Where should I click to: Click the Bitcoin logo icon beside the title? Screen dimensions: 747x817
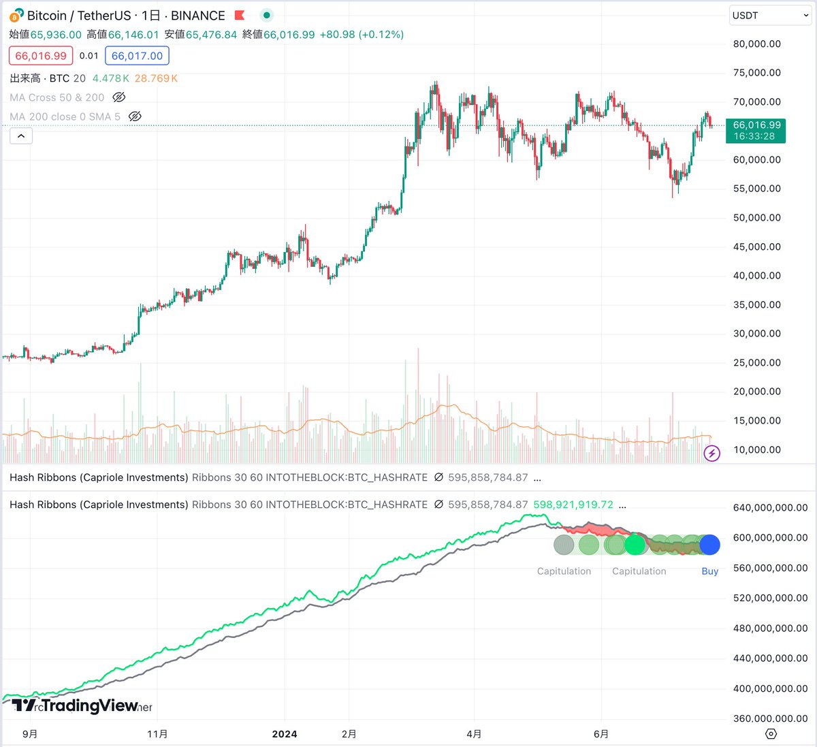pyautogui.click(x=16, y=15)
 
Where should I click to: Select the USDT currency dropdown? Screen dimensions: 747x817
pyautogui.click(x=770, y=16)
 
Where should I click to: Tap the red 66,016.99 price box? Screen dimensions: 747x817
pyautogui.click(x=41, y=56)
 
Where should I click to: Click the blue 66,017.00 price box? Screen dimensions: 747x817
pyautogui.click(x=137, y=56)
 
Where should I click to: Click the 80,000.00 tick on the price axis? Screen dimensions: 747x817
pyautogui.click(x=756, y=44)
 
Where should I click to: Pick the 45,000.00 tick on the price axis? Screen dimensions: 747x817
pyautogui.click(x=756, y=247)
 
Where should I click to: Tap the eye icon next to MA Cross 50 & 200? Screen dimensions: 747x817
pyautogui.click(x=119, y=97)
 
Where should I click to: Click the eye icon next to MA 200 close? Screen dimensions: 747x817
pyautogui.click(x=135, y=116)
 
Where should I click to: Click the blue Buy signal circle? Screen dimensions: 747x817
pyautogui.click(x=709, y=545)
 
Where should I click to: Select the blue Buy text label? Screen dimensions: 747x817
pyautogui.click(x=709, y=571)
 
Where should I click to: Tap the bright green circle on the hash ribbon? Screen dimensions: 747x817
pyautogui.click(x=635, y=545)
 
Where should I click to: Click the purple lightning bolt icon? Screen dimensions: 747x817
pyautogui.click(x=711, y=453)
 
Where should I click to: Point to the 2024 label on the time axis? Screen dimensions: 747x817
pyautogui.click(x=285, y=733)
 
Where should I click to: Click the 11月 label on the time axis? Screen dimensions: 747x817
pyautogui.click(x=157, y=733)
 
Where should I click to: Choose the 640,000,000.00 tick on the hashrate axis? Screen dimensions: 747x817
pyautogui.click(x=770, y=507)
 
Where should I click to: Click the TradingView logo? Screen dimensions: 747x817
pyautogui.click(x=75, y=705)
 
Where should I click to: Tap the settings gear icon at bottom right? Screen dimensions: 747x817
pyautogui.click(x=771, y=733)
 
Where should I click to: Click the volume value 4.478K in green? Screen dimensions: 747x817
pyautogui.click(x=110, y=78)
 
